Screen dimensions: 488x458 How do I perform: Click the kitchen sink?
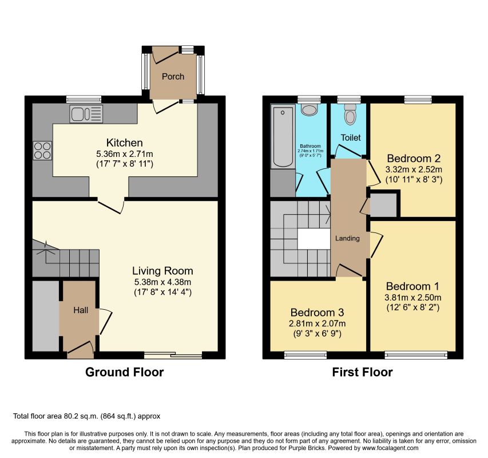[86, 114]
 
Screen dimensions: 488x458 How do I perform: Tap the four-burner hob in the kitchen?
[42, 151]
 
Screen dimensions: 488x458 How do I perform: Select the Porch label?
[173, 77]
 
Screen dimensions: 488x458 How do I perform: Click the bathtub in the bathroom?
[283, 136]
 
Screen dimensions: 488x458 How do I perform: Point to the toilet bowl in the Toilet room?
[351, 114]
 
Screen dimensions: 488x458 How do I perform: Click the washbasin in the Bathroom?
[309, 109]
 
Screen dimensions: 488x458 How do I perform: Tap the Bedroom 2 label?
[414, 159]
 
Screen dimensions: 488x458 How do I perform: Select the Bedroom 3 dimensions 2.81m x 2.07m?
[317, 324]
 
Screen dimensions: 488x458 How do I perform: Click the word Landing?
[347, 239]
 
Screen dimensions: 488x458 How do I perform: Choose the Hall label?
[81, 310]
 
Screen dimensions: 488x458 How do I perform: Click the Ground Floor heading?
[125, 372]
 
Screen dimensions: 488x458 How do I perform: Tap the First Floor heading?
[362, 372]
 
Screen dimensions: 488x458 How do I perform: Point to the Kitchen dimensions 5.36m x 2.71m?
[125, 154]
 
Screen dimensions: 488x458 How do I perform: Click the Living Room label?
[162, 271]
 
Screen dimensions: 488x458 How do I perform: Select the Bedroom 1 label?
[412, 286]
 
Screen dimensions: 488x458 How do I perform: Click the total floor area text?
[86, 416]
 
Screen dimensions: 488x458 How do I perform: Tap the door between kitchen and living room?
[111, 206]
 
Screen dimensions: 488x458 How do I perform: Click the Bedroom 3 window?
[306, 355]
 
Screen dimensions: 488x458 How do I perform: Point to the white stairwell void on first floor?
[314, 239]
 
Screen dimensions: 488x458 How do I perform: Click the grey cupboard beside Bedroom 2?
[383, 204]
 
